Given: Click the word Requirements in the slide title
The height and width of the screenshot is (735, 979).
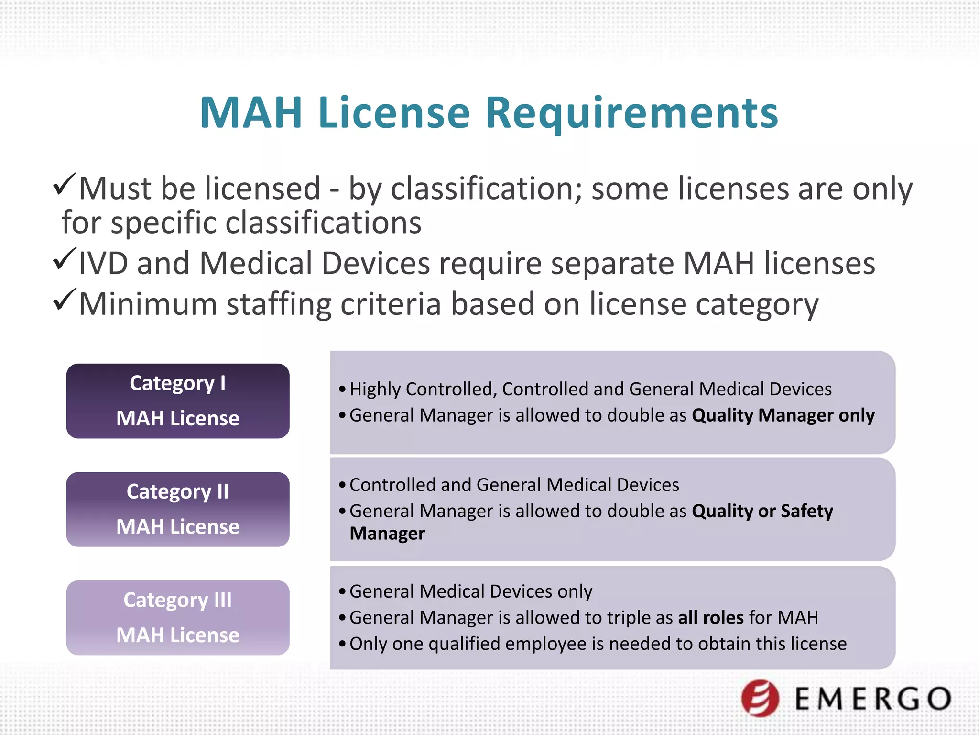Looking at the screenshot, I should pyautogui.click(x=631, y=113).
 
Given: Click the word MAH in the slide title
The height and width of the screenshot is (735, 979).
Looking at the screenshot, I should pyautogui.click(x=251, y=113).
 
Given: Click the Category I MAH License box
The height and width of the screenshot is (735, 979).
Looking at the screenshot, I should pyautogui.click(x=178, y=401).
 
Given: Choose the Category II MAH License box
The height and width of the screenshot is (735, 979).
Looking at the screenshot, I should pyautogui.click(x=178, y=509).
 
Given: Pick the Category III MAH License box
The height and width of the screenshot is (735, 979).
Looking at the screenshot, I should pyautogui.click(x=178, y=617).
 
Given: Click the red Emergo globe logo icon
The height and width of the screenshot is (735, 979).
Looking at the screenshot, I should pyautogui.click(x=760, y=698).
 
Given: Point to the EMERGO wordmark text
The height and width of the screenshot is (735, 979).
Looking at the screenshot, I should pyautogui.click(x=873, y=699).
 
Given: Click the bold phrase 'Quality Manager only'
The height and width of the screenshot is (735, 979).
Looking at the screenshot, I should pyautogui.click(x=783, y=415).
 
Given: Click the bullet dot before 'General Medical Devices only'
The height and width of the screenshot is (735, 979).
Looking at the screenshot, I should pyautogui.click(x=342, y=592).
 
